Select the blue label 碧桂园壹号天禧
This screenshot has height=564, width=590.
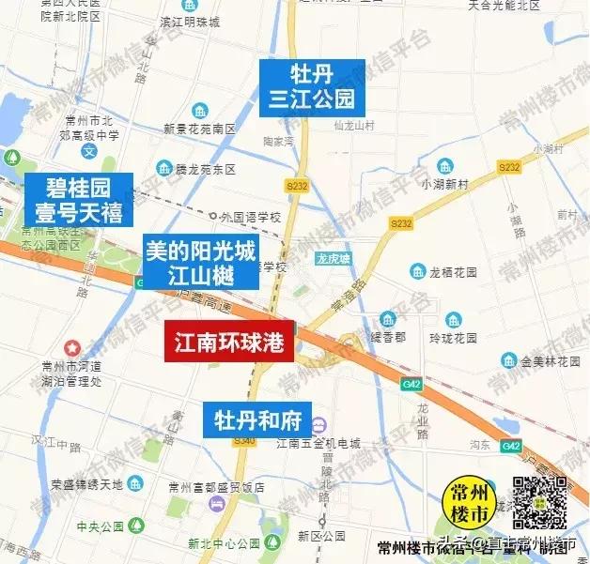click(x=79, y=199)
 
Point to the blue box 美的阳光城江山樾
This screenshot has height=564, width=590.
click(x=200, y=262)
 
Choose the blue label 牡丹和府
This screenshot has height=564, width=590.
click(x=257, y=418)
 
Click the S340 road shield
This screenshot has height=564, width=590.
click(x=244, y=440)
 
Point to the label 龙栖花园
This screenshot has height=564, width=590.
click(x=455, y=272)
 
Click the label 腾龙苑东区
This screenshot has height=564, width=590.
click(x=205, y=171)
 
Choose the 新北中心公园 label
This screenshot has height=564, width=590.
click(x=223, y=543)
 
